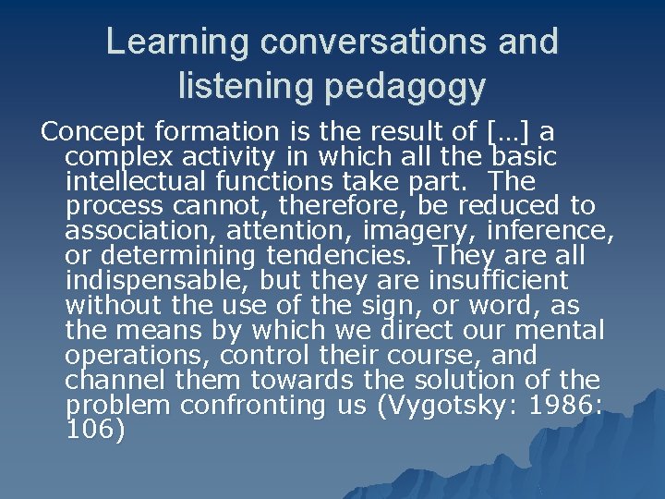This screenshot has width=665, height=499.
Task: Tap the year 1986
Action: [562, 405]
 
